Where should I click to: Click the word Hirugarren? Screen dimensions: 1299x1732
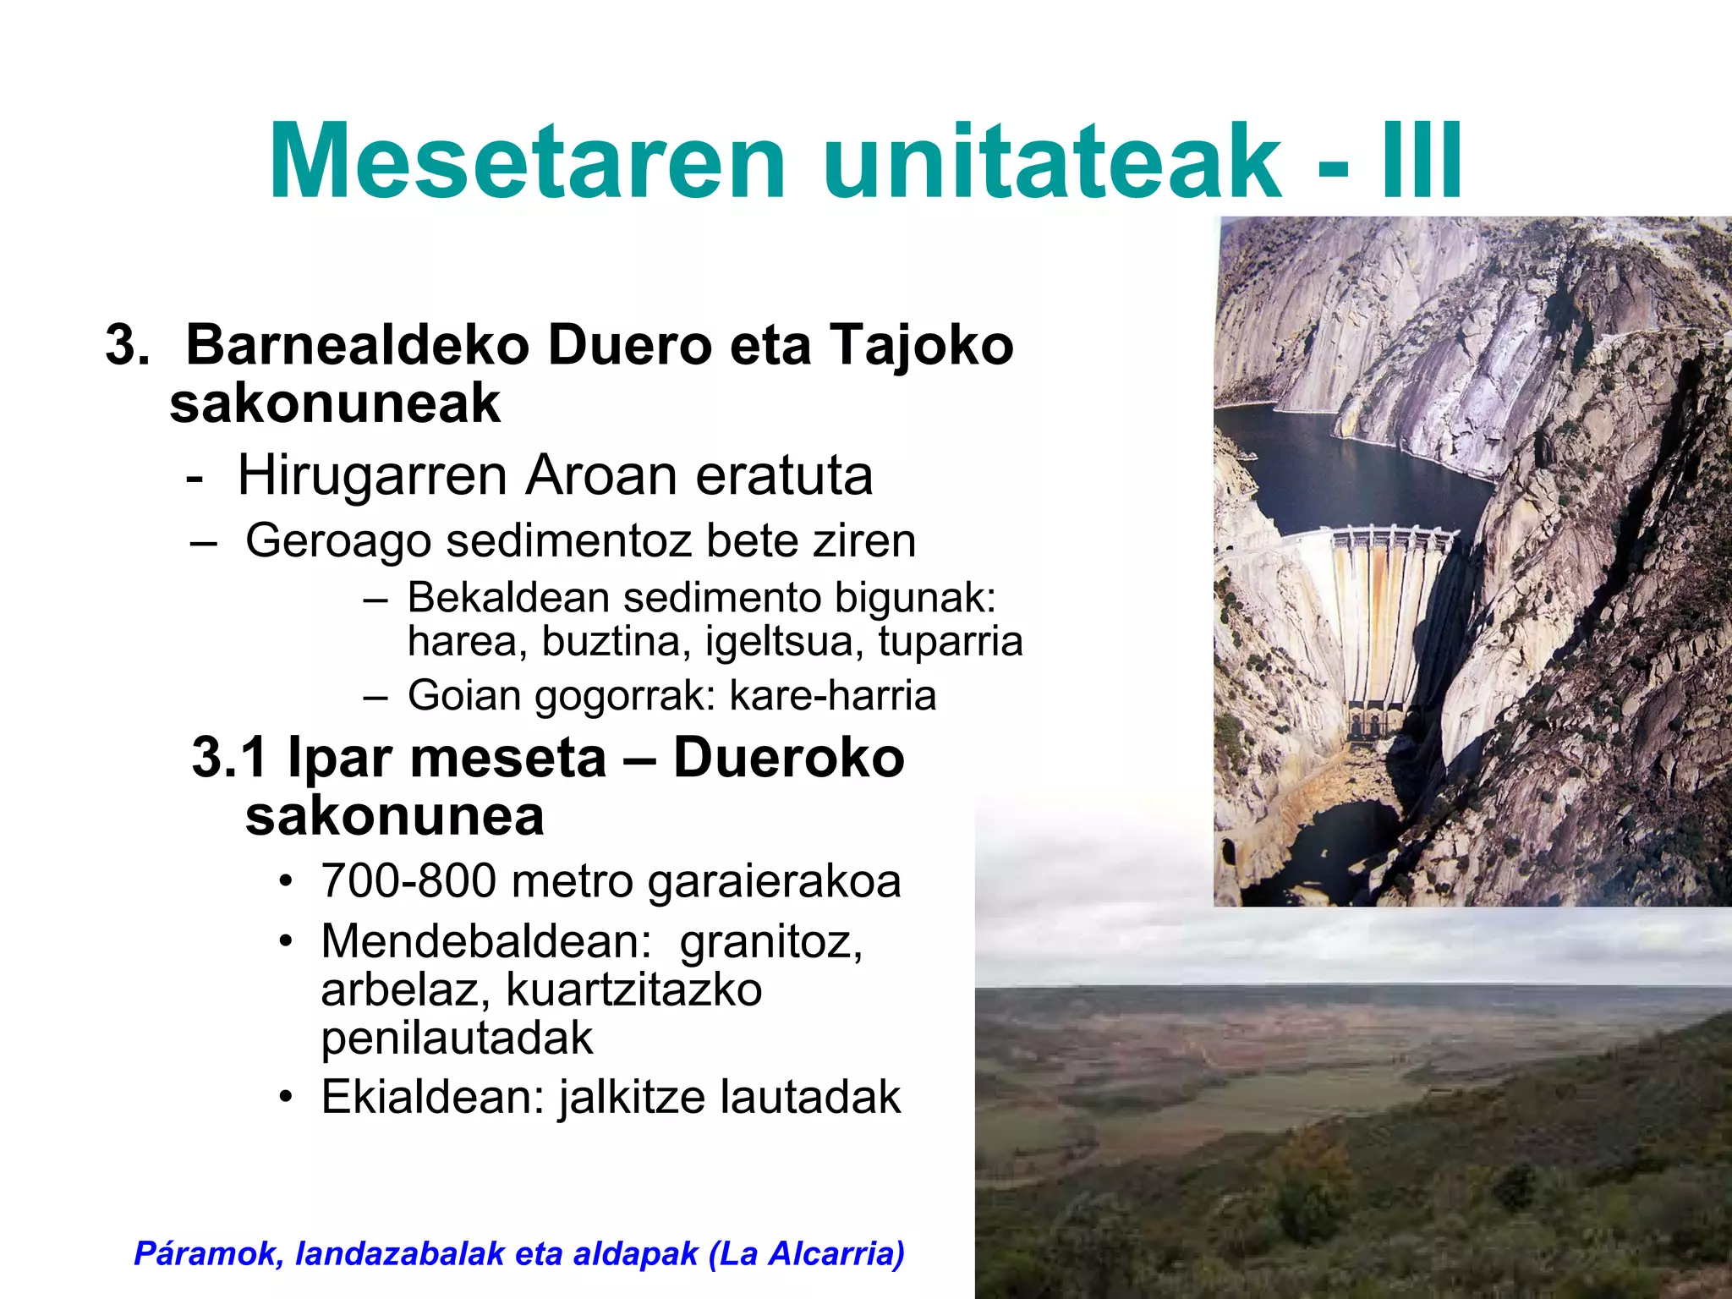[372, 475]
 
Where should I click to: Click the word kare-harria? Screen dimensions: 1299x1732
[832, 695]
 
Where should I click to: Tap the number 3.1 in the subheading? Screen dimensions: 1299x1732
[231, 757]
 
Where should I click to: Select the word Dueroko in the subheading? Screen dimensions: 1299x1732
[788, 757]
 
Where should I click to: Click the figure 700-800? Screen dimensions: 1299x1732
[408, 881]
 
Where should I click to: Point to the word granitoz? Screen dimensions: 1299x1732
[770, 941]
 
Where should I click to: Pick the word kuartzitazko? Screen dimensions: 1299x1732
[634, 989]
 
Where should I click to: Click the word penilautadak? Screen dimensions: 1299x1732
[457, 1038]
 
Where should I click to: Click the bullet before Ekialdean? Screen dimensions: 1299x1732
[287, 1098]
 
